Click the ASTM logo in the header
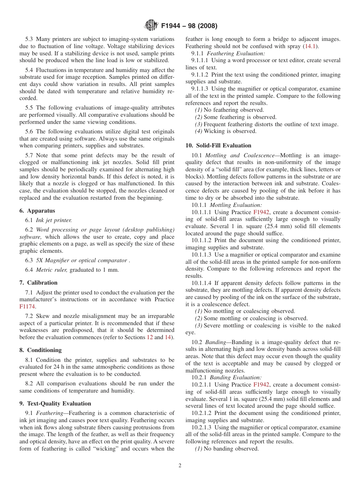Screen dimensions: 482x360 coord(152,25)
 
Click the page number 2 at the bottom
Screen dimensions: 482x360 coord(180,466)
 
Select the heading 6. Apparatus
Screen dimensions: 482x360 coord(37,211)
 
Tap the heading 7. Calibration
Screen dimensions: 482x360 coord(38,283)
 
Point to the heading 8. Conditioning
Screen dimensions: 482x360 coord(40,350)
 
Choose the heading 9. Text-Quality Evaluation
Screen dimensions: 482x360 coord(55,404)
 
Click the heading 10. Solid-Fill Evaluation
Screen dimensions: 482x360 coord(218,146)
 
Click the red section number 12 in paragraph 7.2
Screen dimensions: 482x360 coord(150,337)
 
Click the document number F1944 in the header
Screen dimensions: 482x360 coord(174,26)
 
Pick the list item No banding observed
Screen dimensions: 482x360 coord(227,449)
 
